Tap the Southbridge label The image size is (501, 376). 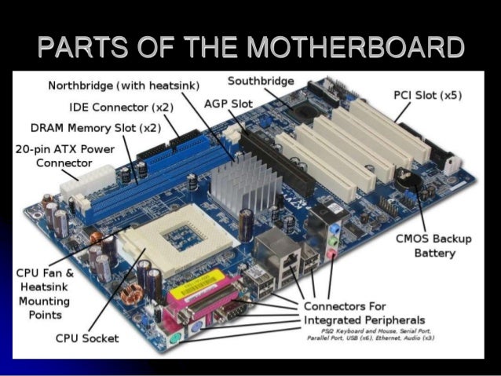[x=261, y=82]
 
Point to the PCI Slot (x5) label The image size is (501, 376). [x=427, y=95]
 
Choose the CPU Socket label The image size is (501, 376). [x=87, y=338]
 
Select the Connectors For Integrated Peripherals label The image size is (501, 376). [x=364, y=312]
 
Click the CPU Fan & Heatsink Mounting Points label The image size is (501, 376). [x=44, y=294]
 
